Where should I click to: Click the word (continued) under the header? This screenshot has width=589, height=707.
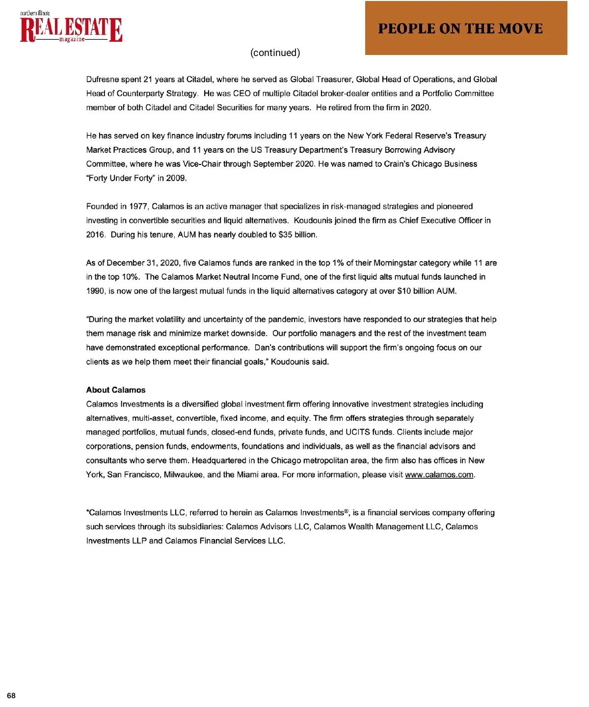pos(275,53)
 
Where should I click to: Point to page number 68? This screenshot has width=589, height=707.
pos(11,695)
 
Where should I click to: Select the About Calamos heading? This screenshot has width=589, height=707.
pos(116,390)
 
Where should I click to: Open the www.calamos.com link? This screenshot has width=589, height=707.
pos(439,475)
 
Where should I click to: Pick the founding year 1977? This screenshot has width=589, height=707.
pos(138,207)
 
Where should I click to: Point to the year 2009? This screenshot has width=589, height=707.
pos(176,178)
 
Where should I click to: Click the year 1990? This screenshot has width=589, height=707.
pos(95,291)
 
